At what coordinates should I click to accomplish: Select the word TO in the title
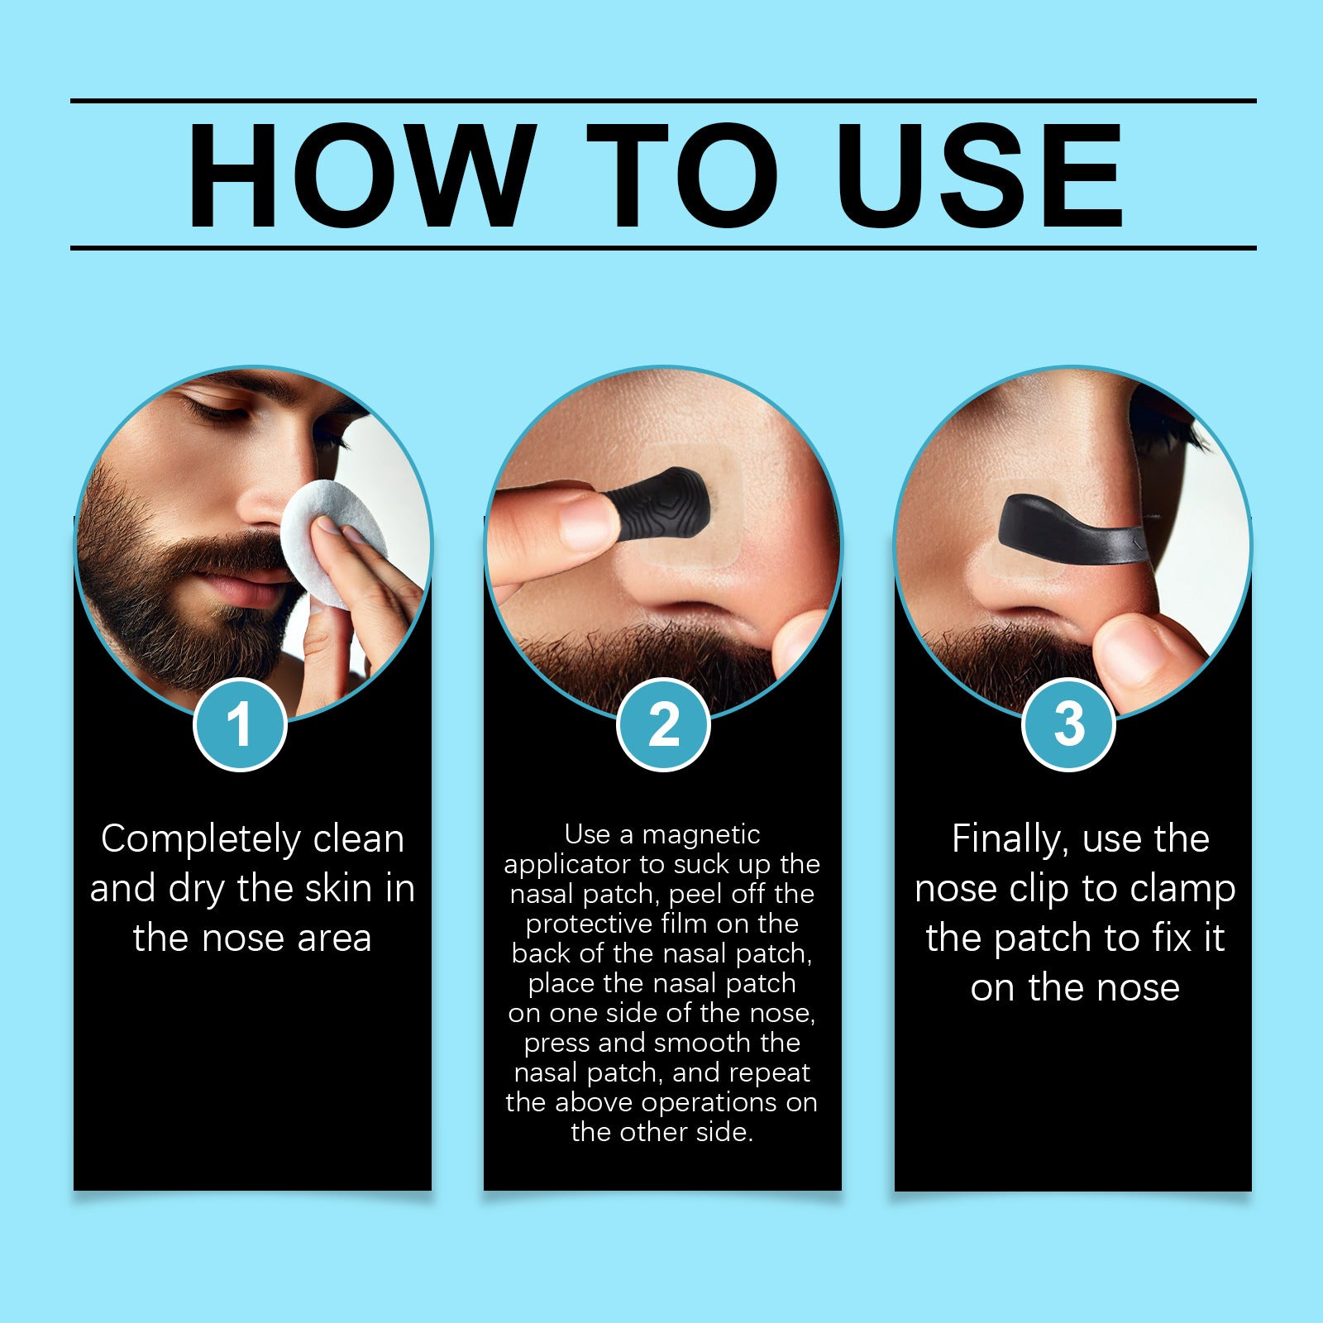coord(683,174)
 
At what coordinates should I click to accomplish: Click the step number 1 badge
coord(240,724)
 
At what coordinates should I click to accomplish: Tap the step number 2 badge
coord(663,724)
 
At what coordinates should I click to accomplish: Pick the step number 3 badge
coord(1069,724)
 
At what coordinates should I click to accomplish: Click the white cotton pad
coord(331,542)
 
